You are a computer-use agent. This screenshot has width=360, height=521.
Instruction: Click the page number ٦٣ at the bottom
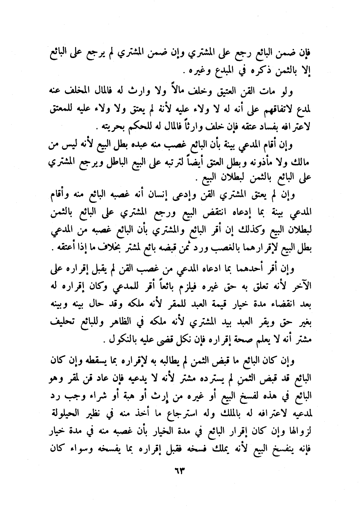(x=179, y=474)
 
